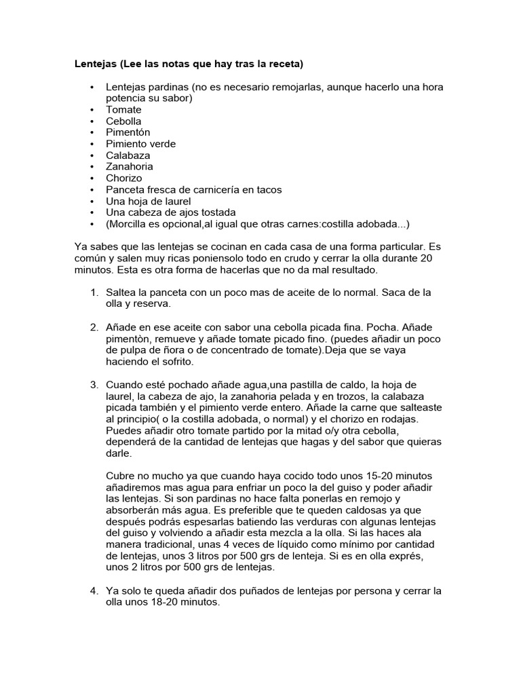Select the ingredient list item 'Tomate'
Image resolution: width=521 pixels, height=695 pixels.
click(x=123, y=110)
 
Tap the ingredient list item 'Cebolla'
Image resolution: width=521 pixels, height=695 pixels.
click(x=123, y=121)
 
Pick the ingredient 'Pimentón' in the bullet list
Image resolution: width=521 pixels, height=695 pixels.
click(x=128, y=132)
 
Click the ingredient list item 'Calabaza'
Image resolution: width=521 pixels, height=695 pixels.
click(x=128, y=155)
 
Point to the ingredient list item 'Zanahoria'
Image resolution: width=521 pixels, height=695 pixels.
click(x=130, y=166)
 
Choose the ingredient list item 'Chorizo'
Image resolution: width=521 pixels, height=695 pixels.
click(x=124, y=179)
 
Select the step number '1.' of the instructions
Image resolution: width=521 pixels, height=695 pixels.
click(x=94, y=293)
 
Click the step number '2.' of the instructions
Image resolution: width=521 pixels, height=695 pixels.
click(x=94, y=327)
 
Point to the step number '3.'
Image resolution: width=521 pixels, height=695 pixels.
click(x=94, y=385)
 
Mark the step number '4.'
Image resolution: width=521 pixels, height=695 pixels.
click(x=94, y=590)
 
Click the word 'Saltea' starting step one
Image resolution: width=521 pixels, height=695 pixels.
click(x=121, y=293)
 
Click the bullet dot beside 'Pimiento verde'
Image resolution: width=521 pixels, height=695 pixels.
click(x=92, y=144)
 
